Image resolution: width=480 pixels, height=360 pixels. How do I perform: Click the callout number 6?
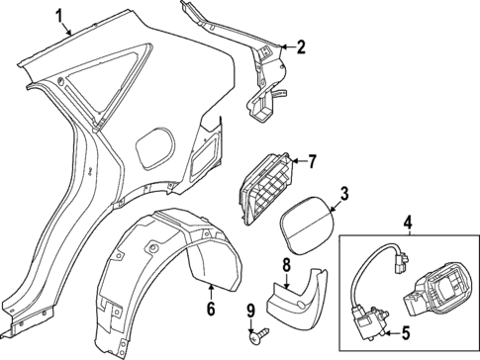(x=211, y=311)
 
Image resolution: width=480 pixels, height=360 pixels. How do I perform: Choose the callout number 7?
(x=311, y=160)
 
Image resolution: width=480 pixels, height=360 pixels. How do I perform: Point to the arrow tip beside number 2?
(x=280, y=45)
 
